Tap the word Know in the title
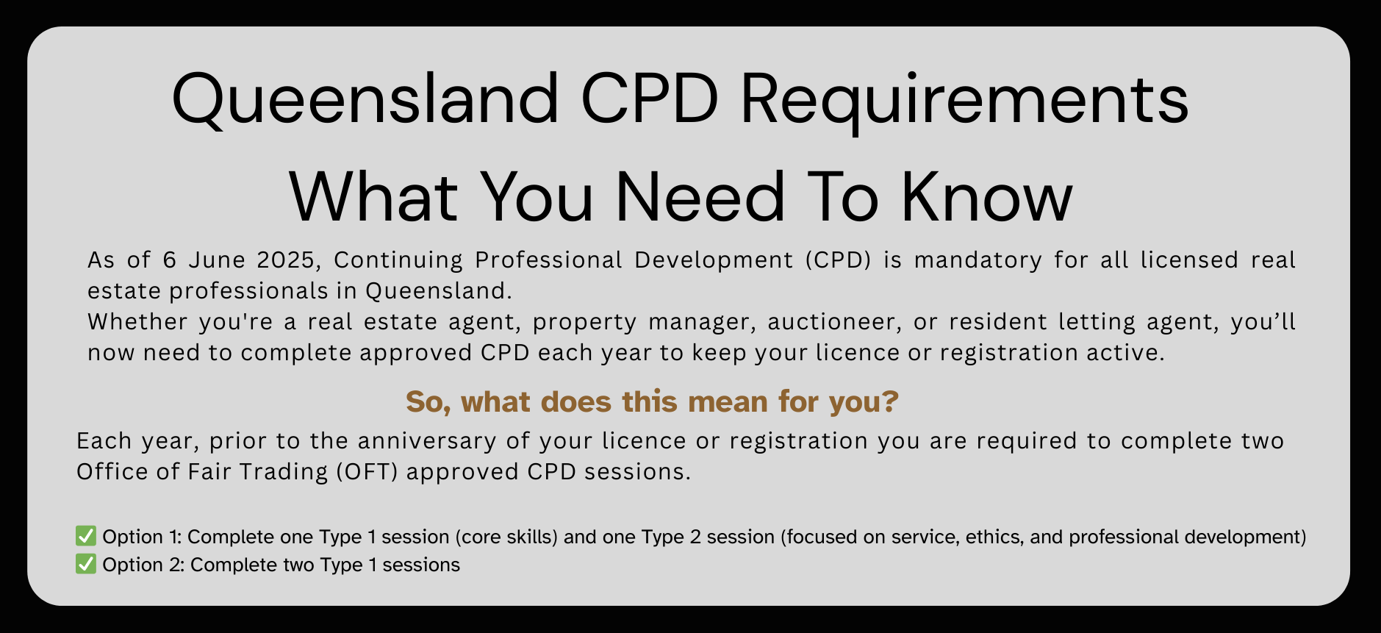(987, 196)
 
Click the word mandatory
(978, 260)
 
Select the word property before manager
(585, 323)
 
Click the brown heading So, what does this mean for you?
(652, 402)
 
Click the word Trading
(291, 472)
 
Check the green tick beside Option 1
(86, 536)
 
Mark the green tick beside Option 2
(86, 564)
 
